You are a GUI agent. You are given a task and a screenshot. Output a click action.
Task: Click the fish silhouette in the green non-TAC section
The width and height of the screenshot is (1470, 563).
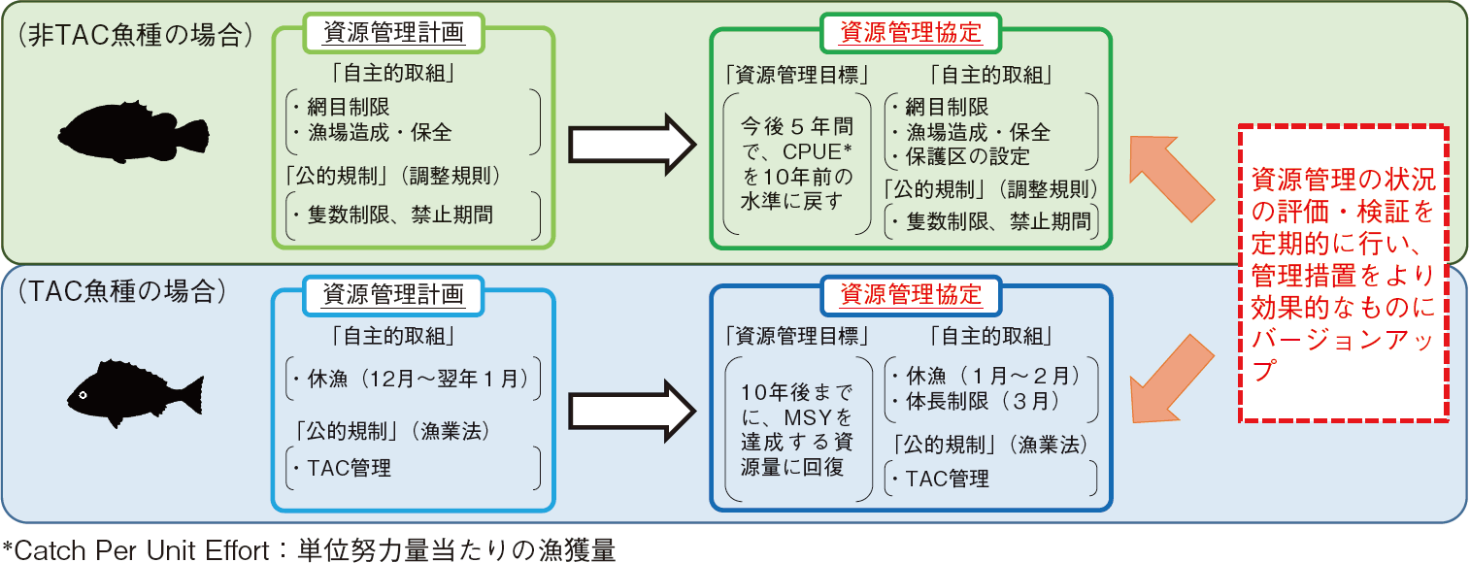(x=133, y=130)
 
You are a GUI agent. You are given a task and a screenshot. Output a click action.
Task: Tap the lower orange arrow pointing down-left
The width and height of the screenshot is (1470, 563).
(x=1172, y=379)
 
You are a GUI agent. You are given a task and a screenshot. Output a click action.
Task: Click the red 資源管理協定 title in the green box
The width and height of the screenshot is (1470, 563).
(x=910, y=34)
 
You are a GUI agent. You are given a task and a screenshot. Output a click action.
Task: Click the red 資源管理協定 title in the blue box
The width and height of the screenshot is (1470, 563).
(x=910, y=294)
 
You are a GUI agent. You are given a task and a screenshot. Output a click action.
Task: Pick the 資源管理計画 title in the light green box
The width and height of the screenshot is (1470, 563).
(x=392, y=34)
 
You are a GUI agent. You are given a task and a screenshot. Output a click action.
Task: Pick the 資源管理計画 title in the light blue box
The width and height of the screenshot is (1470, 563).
(x=392, y=294)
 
